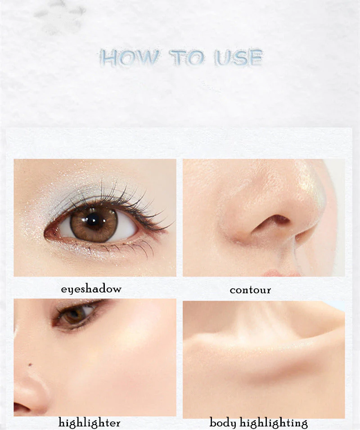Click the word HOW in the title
pyautogui.click(x=129, y=58)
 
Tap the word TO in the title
pyautogui.click(x=187, y=58)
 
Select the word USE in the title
pyautogui.click(x=238, y=58)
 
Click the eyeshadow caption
pyautogui.click(x=91, y=289)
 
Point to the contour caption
pyautogui.click(x=250, y=290)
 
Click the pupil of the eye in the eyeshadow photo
pyautogui.click(x=93, y=221)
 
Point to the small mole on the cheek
pyautogui.click(x=30, y=365)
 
